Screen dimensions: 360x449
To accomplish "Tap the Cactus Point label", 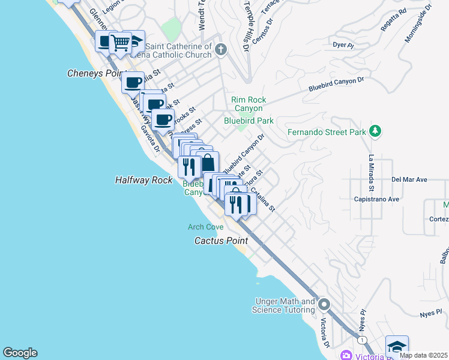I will [220, 241].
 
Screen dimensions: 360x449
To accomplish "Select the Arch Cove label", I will [205, 227].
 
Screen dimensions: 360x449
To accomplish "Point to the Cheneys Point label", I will [95, 73].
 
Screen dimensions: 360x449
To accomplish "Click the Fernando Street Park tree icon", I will [375, 131].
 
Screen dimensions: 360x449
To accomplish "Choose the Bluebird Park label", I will [249, 121].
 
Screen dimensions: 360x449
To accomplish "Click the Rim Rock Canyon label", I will [249, 104].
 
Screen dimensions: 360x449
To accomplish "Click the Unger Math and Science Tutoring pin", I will [324, 305].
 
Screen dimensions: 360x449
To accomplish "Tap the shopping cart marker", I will [120, 42].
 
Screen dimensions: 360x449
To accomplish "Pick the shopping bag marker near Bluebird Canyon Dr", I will [208, 163].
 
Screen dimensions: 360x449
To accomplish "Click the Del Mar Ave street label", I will [409, 179].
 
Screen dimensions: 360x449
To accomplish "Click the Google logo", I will [20, 353].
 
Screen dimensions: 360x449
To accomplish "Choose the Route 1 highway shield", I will [362, 340].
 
